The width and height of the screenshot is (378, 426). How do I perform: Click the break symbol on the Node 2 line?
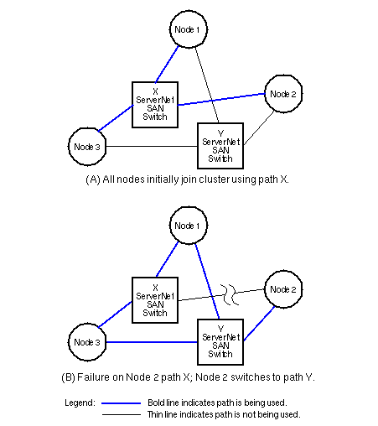pos(230,294)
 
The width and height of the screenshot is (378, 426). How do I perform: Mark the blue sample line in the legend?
pos(121,403)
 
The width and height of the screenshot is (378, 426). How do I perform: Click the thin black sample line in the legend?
pos(122,414)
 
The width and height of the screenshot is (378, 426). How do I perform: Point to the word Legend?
pos(80,403)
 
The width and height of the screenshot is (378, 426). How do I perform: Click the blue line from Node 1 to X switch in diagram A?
pos(167,65)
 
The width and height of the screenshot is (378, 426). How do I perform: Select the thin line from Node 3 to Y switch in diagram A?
pos(152,146)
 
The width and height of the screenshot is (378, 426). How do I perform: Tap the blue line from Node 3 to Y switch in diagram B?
pos(152,342)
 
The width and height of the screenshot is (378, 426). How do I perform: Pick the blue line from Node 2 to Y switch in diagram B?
pos(259,324)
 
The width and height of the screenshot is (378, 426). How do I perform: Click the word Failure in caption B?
pos(93,377)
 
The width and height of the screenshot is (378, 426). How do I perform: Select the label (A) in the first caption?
pos(93,179)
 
